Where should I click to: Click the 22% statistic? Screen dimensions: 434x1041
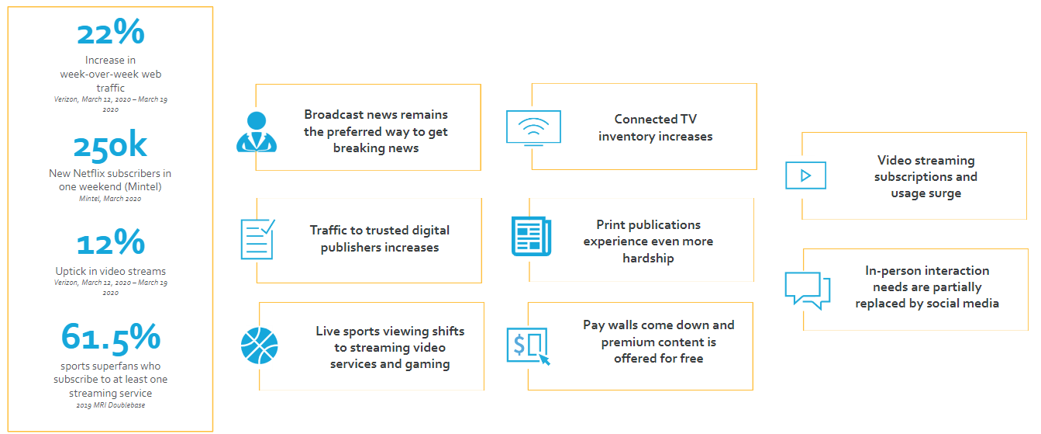pyautogui.click(x=111, y=33)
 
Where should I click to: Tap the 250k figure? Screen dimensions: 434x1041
pyautogui.click(x=110, y=148)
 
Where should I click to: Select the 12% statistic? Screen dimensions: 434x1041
pyautogui.click(x=110, y=243)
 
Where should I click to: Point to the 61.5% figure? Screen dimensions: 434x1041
pyautogui.click(x=111, y=337)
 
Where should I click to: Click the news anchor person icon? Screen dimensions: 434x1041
pyautogui.click(x=256, y=132)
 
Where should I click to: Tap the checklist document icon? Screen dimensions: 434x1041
pyautogui.click(x=257, y=238)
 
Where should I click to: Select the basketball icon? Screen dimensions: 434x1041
pyautogui.click(x=258, y=345)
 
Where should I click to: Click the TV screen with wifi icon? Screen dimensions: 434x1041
pyautogui.click(x=533, y=127)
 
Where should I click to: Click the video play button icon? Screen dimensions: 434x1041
pyautogui.click(x=805, y=175)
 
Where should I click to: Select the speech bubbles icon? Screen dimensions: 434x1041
pyautogui.click(x=807, y=290)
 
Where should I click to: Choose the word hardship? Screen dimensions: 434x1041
pyautogui.click(x=648, y=259)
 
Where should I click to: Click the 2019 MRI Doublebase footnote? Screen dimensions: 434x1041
pyautogui.click(x=110, y=406)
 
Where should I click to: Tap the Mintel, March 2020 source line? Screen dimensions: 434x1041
pyautogui.click(x=110, y=200)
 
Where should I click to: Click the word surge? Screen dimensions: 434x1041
pyautogui.click(x=944, y=193)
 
